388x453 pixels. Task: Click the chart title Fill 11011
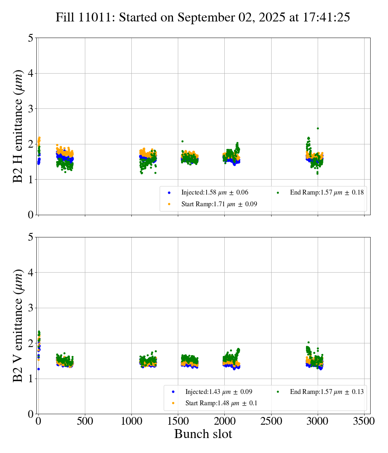coord(202,17)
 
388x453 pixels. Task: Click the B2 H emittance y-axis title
coord(18,126)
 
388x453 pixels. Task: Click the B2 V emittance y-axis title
coord(18,325)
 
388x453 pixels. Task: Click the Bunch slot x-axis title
coord(203,434)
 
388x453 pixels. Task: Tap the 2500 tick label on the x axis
coord(271,421)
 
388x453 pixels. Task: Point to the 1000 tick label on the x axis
coord(131,421)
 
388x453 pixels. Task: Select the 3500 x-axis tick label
coord(364,421)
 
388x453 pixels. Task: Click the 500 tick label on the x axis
coord(85,421)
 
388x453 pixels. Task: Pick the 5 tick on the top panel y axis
coord(31,38)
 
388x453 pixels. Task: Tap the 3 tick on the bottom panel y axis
coord(31,308)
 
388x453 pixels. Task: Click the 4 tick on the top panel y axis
coord(31,73)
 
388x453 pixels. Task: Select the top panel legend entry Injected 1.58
coord(205,193)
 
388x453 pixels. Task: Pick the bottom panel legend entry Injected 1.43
coord(209,392)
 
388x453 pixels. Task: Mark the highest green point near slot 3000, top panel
coord(318,128)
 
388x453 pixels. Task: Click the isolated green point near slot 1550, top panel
coord(182,141)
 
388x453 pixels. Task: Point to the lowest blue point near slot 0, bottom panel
coord(38,369)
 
